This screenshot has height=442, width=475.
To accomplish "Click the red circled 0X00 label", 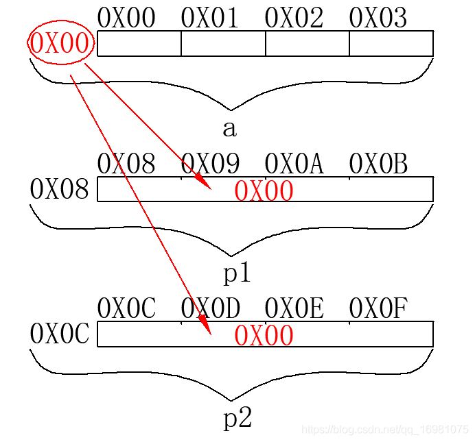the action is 59,44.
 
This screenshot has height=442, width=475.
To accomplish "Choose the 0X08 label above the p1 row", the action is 126,164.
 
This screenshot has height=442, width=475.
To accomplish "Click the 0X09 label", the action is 210,164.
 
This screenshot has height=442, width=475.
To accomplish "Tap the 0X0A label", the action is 294,164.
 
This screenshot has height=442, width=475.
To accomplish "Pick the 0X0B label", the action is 378,164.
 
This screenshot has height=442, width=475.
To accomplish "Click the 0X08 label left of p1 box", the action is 59,190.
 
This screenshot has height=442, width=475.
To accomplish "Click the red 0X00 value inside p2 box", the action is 264,336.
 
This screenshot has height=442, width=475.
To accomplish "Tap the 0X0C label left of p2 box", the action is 60,334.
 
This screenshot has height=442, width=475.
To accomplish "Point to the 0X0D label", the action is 210,309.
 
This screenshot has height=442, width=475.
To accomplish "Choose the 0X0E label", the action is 294,309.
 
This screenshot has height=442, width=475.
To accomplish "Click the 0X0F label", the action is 378,309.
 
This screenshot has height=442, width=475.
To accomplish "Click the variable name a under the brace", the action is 230,128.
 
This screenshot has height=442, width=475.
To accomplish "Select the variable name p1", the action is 237,273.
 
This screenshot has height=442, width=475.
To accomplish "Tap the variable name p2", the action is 237,418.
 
